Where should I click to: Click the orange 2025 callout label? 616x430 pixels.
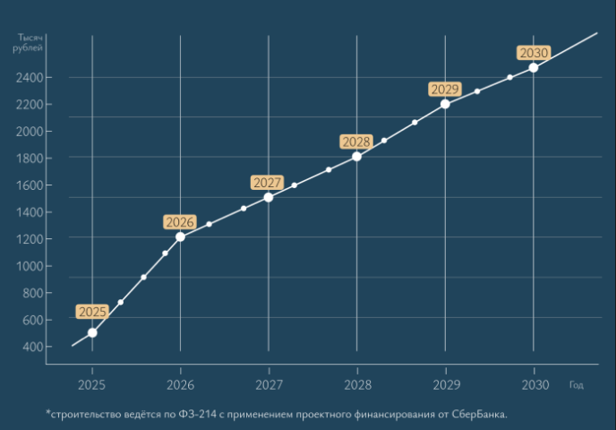pyautogui.click(x=92, y=312)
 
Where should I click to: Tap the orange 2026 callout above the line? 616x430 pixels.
pyautogui.click(x=180, y=221)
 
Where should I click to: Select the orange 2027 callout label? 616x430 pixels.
pyautogui.click(x=268, y=183)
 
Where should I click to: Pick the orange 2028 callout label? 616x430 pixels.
pyautogui.click(x=356, y=142)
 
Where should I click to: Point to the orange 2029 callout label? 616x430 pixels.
pyautogui.click(x=445, y=89)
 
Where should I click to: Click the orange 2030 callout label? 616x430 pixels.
pyautogui.click(x=534, y=53)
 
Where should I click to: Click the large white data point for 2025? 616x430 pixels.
pyautogui.click(x=92, y=332)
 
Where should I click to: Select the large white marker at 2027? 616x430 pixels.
pyautogui.click(x=269, y=197)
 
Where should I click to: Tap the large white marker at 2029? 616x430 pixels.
pyautogui.click(x=445, y=104)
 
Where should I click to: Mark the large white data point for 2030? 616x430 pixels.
pyautogui.click(x=534, y=67)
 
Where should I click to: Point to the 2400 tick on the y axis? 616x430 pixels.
pyautogui.click(x=30, y=78)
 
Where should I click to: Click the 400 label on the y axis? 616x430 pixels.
pyautogui.click(x=32, y=347)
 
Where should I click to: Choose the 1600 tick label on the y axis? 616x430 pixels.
pyautogui.click(x=30, y=185)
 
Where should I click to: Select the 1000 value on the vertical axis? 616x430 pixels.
pyautogui.click(x=30, y=266)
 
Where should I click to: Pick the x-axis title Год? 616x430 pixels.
pyautogui.click(x=577, y=385)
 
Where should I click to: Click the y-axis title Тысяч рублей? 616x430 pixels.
pyautogui.click(x=29, y=42)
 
